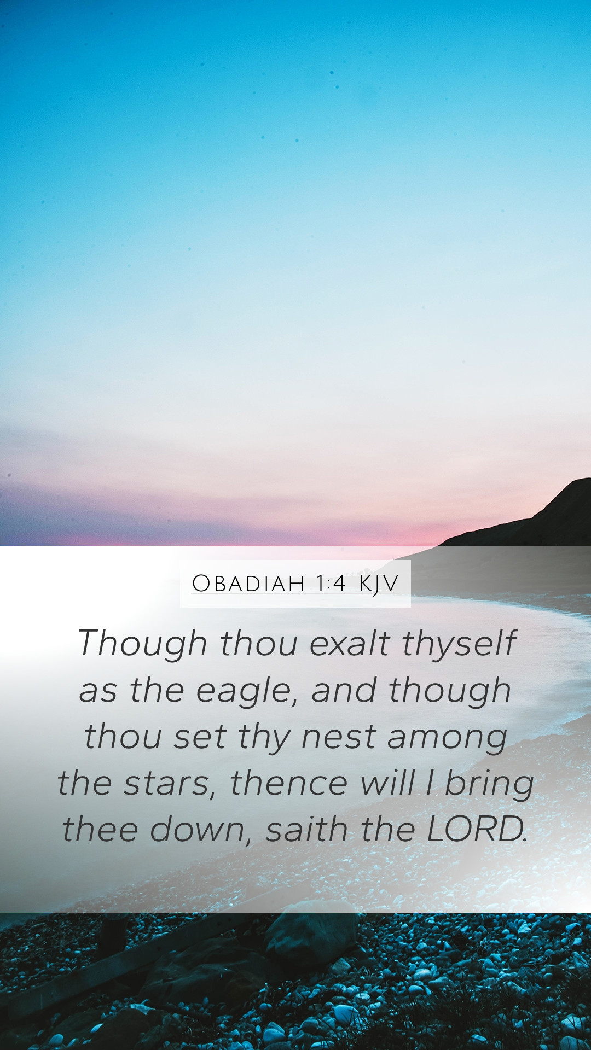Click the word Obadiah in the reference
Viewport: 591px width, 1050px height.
click(x=248, y=583)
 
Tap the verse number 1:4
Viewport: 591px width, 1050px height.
click(x=332, y=583)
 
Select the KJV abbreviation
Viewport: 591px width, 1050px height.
click(x=379, y=584)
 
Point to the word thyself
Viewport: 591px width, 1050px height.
click(x=459, y=644)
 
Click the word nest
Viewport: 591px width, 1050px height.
click(x=339, y=736)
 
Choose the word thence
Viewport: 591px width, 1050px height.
click(x=289, y=783)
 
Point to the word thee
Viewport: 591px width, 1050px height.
click(x=100, y=829)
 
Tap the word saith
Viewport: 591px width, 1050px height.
click(x=307, y=829)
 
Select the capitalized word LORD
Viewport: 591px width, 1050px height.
click(x=476, y=829)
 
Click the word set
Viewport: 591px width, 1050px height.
click(x=200, y=737)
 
